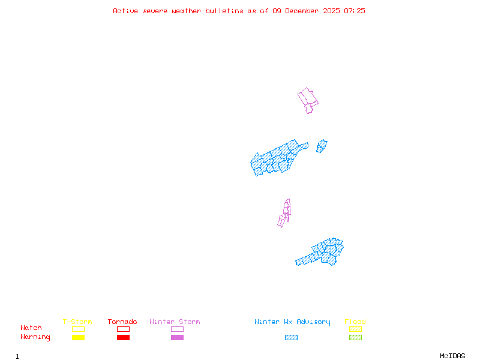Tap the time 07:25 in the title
(x=355, y=11)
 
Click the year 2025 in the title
(x=332, y=11)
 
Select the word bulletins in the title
(x=224, y=11)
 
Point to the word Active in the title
(x=126, y=11)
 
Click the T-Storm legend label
(x=77, y=322)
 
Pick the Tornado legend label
(x=122, y=322)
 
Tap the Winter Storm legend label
(x=175, y=322)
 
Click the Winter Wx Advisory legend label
(x=292, y=322)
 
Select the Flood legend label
(x=355, y=322)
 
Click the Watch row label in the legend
(x=31, y=328)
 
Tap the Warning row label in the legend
(x=35, y=337)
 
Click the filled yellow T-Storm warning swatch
(x=78, y=338)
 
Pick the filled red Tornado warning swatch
(x=123, y=338)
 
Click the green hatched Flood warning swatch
(x=355, y=338)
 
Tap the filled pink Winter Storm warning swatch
(x=177, y=338)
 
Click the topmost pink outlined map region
(x=308, y=99)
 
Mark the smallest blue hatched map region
(x=322, y=146)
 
